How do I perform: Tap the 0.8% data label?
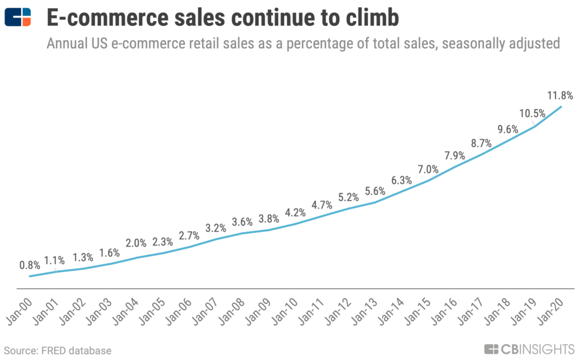coord(29,264)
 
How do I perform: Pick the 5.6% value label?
coord(374,192)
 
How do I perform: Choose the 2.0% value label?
coord(136,243)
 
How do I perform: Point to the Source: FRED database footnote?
coord(58,350)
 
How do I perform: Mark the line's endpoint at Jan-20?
coord(562,106)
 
